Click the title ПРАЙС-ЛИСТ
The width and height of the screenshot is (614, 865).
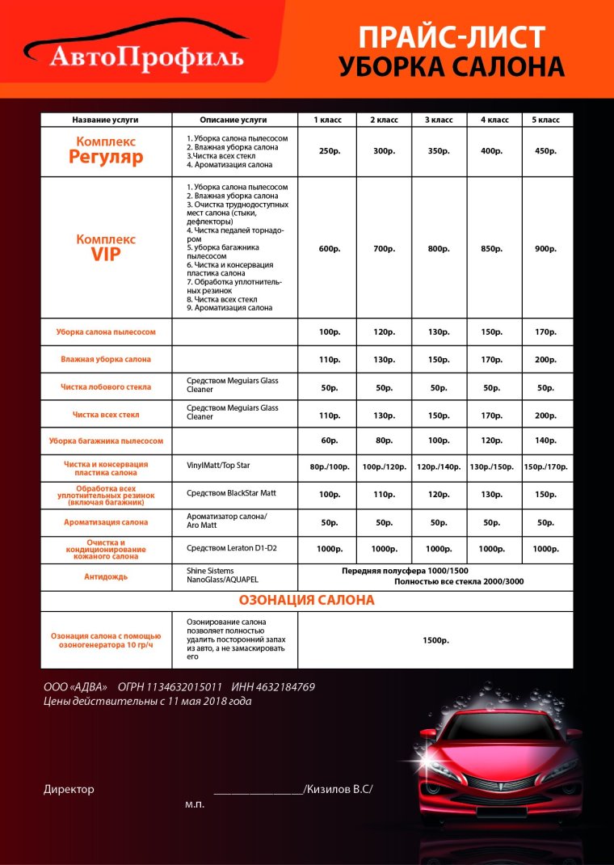point(452,37)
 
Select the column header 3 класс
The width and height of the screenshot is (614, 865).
point(438,120)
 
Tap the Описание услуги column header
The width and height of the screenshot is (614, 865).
point(233,120)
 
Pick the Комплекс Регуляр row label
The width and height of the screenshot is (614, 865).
point(106,150)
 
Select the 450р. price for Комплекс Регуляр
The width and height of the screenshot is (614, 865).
point(546,151)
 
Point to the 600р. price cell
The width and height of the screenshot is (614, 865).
point(328,248)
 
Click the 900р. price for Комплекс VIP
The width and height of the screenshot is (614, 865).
point(546,248)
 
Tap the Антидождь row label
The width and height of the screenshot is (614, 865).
point(106,577)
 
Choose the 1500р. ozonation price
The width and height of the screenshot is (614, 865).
point(435,639)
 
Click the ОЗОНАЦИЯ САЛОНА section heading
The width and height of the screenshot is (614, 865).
point(306,601)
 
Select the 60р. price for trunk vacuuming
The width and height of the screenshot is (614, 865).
point(328,441)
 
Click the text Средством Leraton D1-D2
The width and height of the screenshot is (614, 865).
point(233,548)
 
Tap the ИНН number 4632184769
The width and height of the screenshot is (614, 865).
point(286,687)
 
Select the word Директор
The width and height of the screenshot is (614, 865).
point(69,789)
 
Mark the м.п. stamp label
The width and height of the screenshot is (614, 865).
point(195,804)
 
